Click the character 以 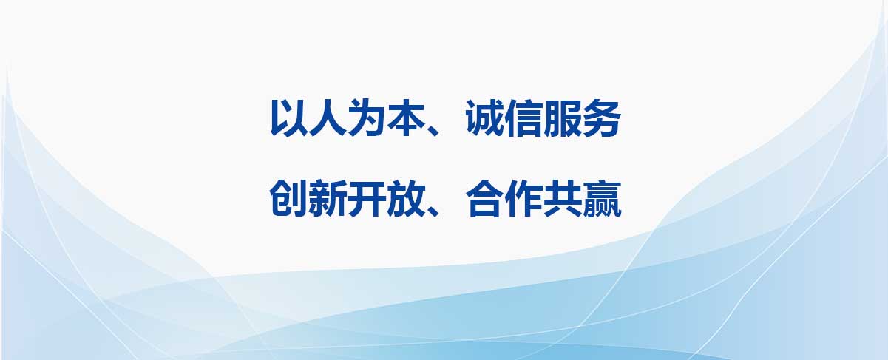(288, 118)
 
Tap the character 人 (327, 118)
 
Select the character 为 (366, 118)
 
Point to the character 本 (405, 118)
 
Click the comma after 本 (433, 130)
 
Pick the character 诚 (484, 118)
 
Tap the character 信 (523, 118)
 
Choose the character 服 (562, 118)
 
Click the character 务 (601, 118)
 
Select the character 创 (288, 198)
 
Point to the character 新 (327, 198)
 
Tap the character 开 (366, 198)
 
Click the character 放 (405, 198)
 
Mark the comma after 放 (433, 211)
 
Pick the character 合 (484, 198)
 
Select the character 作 (523, 198)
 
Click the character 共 (562, 198)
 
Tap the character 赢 (601, 198)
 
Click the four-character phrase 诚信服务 (543, 118)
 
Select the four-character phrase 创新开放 (347, 198)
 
